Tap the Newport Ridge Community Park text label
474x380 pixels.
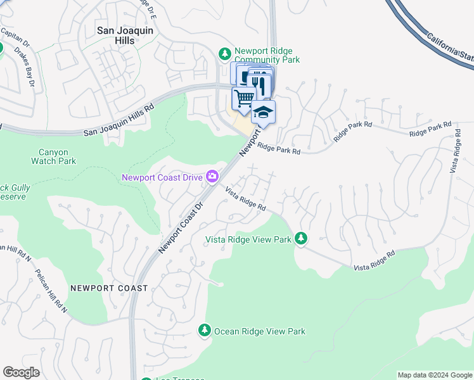tap(267, 55)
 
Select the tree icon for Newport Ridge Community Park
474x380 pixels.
tap(224, 53)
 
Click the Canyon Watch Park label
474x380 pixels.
tap(53, 156)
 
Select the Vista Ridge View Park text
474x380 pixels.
tap(248, 239)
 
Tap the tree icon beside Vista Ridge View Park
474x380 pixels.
tap(302, 239)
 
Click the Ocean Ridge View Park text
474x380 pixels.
tap(260, 331)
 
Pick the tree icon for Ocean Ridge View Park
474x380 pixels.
tap(204, 331)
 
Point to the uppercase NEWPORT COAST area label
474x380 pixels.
tap(109, 288)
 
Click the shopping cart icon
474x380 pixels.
tap(243, 98)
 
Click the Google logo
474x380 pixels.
tap(21, 372)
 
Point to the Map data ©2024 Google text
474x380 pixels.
tap(435, 375)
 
